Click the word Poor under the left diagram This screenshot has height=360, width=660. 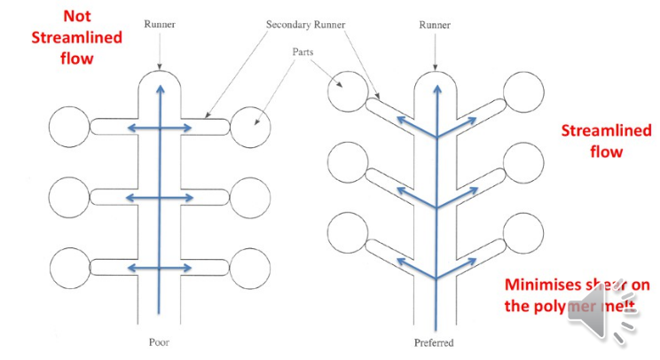160,340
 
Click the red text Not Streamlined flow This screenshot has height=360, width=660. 79,39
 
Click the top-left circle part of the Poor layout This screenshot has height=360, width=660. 69,129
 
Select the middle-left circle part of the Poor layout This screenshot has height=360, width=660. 69,197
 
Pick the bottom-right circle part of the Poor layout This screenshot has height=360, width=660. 251,268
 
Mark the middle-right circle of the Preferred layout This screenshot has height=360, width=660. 523,162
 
